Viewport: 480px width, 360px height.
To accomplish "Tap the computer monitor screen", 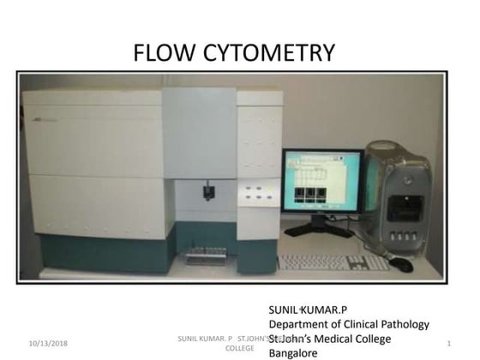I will coord(321,182).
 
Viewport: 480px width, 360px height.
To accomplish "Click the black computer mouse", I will coord(402,265).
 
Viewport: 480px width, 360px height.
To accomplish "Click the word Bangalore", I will coord(293,352).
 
